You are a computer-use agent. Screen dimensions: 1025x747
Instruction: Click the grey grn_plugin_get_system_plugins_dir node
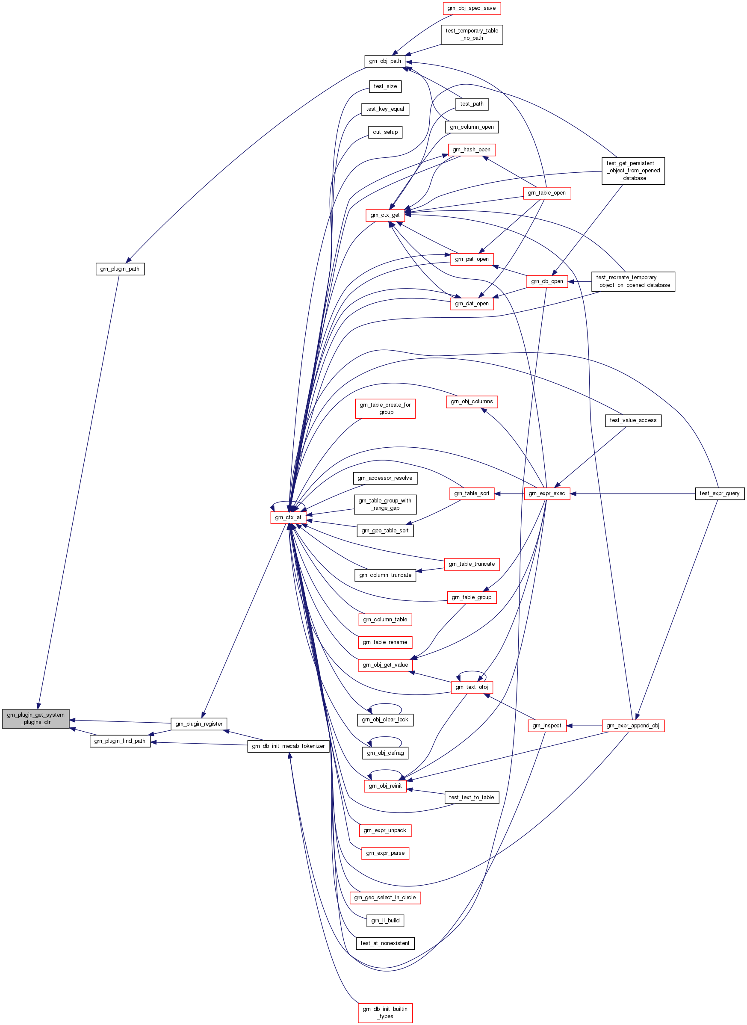pyautogui.click(x=36, y=718)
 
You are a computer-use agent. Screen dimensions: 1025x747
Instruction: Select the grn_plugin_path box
pyautogui.click(x=120, y=269)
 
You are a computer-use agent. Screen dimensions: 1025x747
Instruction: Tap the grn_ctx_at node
pyautogui.click(x=288, y=517)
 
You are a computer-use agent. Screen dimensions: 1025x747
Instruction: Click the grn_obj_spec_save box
pyautogui.click(x=472, y=8)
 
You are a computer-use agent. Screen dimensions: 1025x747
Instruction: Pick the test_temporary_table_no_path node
pyautogui.click(x=472, y=34)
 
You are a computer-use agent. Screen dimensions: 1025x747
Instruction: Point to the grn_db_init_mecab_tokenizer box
pyautogui.click(x=288, y=746)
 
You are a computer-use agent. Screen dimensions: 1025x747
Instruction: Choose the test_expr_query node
pyautogui.click(x=719, y=493)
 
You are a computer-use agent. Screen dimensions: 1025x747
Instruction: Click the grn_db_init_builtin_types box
pyautogui.click(x=385, y=1012)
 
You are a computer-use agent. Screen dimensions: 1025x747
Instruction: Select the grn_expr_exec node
pyautogui.click(x=547, y=493)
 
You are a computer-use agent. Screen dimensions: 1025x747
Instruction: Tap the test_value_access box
pyautogui.click(x=633, y=420)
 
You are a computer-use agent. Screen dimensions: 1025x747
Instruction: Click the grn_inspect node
pyautogui.click(x=547, y=726)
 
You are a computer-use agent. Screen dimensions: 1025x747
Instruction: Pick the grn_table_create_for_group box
pyautogui.click(x=385, y=409)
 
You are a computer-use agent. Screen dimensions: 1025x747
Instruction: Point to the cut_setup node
pyautogui.click(x=385, y=132)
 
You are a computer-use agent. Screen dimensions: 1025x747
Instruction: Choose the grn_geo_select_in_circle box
pyautogui.click(x=385, y=898)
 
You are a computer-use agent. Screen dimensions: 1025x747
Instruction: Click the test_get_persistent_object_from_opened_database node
pyautogui.click(x=633, y=171)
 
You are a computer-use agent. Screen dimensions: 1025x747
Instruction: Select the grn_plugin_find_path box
pyautogui.click(x=120, y=741)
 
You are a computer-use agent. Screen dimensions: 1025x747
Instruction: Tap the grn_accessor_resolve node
pyautogui.click(x=385, y=478)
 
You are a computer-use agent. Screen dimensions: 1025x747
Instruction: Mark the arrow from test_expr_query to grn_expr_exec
pyautogui.click(x=633, y=494)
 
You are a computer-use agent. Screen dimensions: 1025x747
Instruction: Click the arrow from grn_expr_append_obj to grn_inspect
pyautogui.click(x=584, y=726)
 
